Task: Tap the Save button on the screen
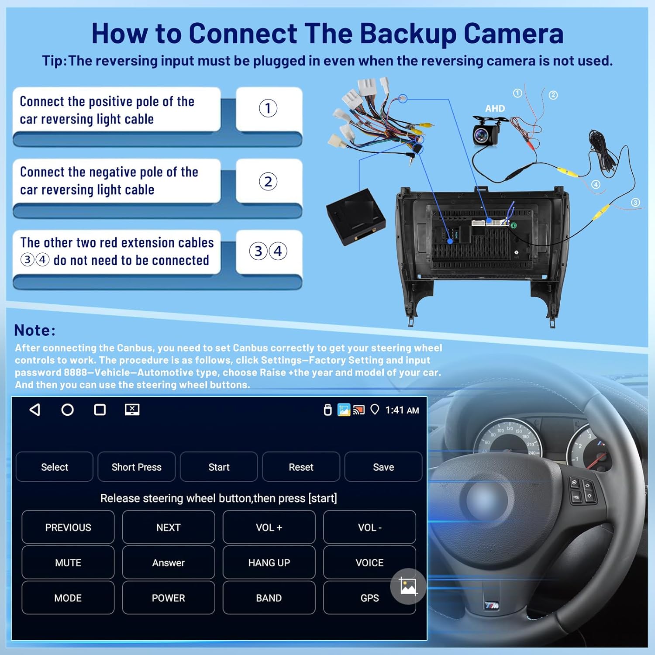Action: click(383, 467)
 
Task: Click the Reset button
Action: click(301, 467)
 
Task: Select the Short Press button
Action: click(136, 467)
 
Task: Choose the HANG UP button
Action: click(269, 562)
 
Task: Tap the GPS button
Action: click(369, 598)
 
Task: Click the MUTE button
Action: click(68, 562)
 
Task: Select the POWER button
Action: click(168, 598)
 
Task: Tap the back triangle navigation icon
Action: click(35, 410)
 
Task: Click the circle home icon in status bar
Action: click(67, 410)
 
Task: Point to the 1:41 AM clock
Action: click(402, 410)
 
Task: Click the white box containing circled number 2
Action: click(269, 181)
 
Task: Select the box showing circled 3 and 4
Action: click(269, 252)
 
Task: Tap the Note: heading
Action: click(35, 330)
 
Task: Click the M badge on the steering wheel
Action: click(492, 605)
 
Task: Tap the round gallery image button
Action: click(408, 586)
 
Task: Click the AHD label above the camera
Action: click(495, 108)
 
